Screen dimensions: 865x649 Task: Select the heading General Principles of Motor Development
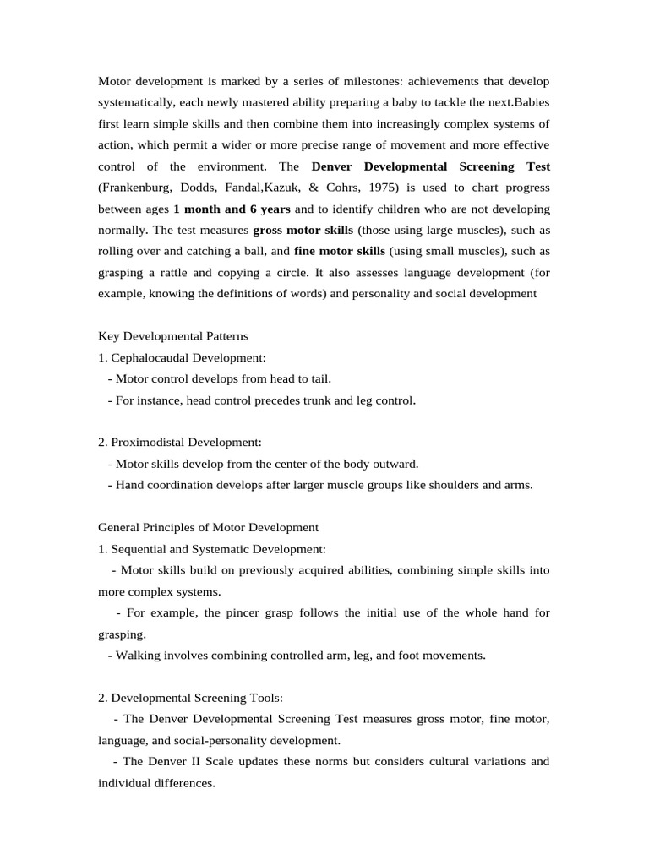[x=209, y=527]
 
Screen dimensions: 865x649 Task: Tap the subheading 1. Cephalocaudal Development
[x=182, y=357]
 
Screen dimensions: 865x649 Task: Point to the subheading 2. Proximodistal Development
[x=180, y=442]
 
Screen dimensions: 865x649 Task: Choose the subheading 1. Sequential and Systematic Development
[x=212, y=549]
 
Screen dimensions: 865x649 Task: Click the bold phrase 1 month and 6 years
[x=232, y=208]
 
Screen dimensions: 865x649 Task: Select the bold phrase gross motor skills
[x=303, y=230]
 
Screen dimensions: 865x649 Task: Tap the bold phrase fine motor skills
[x=339, y=251]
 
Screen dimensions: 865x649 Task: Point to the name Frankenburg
[x=139, y=187]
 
